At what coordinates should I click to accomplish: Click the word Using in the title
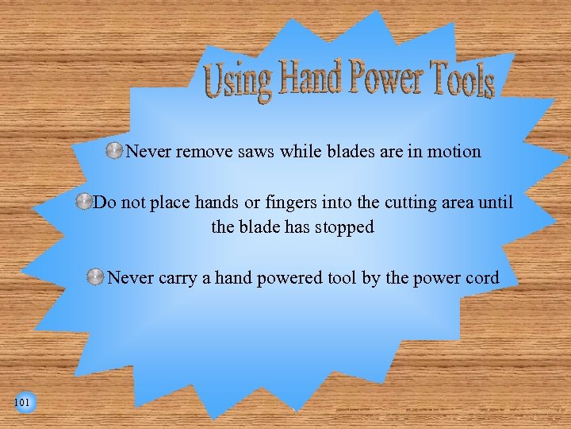click(237, 81)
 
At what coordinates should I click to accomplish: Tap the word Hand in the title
click(310, 78)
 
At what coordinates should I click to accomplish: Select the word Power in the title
click(381, 78)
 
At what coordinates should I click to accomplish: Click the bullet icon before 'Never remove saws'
click(114, 151)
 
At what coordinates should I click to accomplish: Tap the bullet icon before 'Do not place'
click(83, 203)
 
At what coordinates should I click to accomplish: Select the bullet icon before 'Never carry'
click(94, 277)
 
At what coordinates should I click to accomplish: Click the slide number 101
click(22, 404)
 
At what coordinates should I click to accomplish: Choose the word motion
click(454, 151)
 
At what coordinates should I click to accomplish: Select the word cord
click(481, 277)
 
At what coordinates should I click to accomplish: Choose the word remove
click(204, 151)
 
